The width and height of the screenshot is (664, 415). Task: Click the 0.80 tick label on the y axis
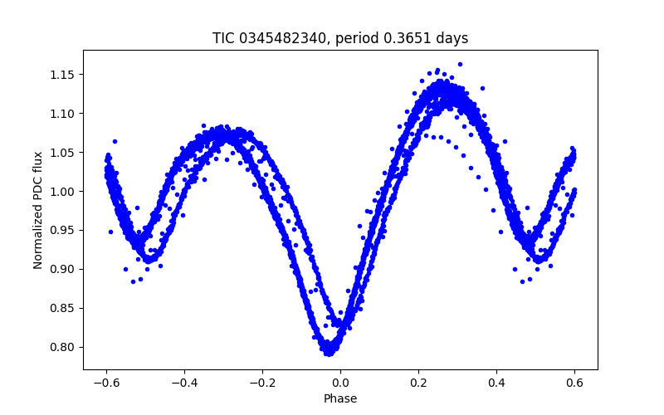(63, 347)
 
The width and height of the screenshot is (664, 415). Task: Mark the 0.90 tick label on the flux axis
(63, 269)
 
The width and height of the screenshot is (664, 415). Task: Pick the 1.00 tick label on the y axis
(63, 192)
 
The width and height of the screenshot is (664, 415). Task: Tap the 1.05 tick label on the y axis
(63, 153)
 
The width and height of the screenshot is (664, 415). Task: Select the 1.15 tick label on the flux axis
(63, 75)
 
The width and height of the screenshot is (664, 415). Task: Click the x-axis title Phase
(340, 398)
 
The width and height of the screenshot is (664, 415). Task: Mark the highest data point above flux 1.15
(460, 64)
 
